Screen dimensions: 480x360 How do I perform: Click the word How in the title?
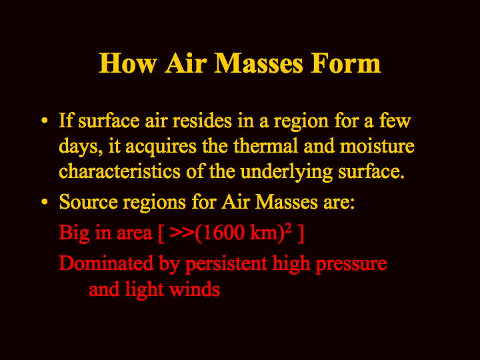(x=127, y=63)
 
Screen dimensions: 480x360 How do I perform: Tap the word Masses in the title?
(x=259, y=63)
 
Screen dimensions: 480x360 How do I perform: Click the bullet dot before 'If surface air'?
(x=45, y=120)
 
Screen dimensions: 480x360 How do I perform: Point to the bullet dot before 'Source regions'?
(x=45, y=202)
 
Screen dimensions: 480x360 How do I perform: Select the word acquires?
(x=161, y=147)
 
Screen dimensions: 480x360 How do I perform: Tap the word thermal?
(x=266, y=146)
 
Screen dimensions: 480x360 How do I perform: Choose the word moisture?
(x=377, y=146)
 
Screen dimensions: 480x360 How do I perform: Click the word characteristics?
(x=120, y=171)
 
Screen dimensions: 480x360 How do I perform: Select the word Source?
(x=89, y=202)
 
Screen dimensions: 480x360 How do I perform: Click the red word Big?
(x=75, y=233)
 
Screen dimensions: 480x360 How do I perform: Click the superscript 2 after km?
(x=288, y=229)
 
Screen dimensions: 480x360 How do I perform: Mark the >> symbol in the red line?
(x=182, y=233)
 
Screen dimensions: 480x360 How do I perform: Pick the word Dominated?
(x=106, y=263)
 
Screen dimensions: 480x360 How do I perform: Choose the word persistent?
(x=226, y=265)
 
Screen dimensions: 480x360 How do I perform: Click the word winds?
(x=195, y=289)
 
